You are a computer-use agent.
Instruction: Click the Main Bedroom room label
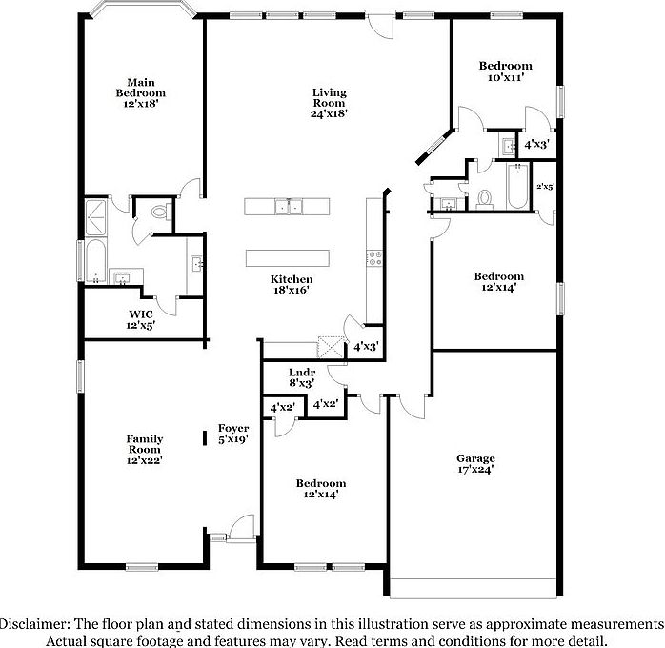[x=141, y=92]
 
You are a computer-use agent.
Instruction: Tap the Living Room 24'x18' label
[x=329, y=103]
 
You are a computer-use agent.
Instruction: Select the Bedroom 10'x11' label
[x=505, y=72]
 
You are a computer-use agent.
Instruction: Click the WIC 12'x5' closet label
[x=142, y=319]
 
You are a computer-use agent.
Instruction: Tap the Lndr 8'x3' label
[x=301, y=376]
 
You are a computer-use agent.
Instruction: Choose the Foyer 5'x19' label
[x=233, y=434]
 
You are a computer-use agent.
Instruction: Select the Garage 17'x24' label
[x=475, y=464]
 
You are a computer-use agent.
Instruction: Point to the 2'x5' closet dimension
[x=546, y=187]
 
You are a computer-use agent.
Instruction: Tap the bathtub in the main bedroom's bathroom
[x=96, y=260]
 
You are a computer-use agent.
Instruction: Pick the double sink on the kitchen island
[x=287, y=206]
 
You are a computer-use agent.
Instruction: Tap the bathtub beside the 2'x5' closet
[x=514, y=187]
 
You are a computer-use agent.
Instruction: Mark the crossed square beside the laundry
[x=330, y=346]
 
